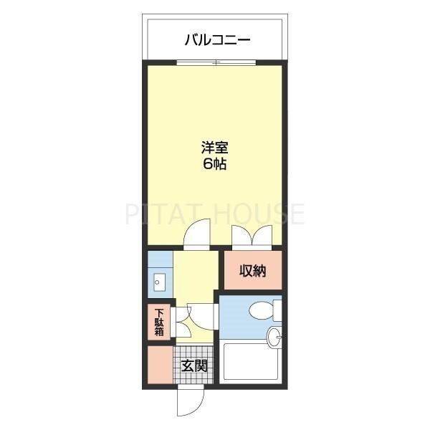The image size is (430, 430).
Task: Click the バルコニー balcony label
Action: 217,40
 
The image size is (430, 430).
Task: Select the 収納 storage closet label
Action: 252,271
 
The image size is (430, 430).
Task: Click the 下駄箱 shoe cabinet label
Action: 159,322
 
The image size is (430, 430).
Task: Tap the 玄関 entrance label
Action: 194,366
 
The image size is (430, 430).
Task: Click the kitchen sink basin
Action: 159,281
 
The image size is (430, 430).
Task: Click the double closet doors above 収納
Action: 252,236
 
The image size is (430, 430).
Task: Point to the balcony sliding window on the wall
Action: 217,63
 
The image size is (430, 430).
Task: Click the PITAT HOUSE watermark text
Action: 215,214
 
